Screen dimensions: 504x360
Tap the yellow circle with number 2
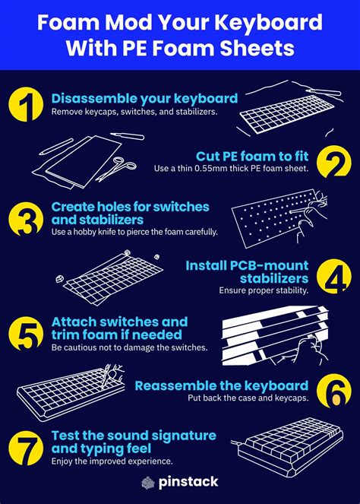pos(333,161)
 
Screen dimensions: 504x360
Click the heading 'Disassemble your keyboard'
pos(144,98)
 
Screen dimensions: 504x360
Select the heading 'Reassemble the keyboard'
pos(222,385)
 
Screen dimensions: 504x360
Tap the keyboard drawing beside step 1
pos(292,114)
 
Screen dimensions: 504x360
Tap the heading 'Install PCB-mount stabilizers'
pos(247,272)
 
